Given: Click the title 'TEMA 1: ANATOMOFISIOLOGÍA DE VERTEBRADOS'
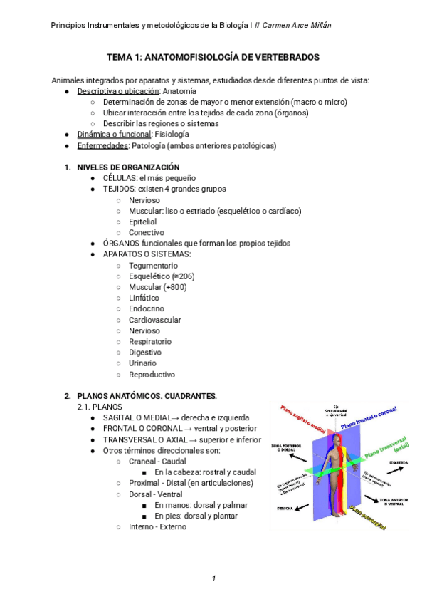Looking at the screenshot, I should [x=213, y=56].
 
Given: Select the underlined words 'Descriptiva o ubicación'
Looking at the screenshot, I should [x=118, y=92].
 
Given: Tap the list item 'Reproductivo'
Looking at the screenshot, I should [x=152, y=374].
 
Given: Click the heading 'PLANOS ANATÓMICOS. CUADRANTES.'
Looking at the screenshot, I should [x=147, y=395].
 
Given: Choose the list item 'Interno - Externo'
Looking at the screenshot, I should [x=157, y=527].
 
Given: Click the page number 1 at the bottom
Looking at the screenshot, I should [x=213, y=578].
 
